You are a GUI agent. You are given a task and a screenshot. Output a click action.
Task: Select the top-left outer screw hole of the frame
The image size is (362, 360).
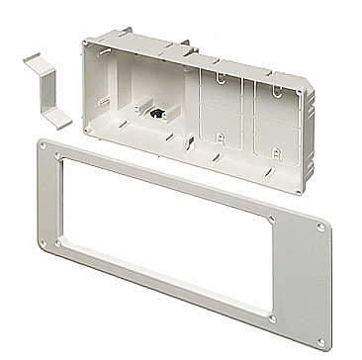click(45, 146)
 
